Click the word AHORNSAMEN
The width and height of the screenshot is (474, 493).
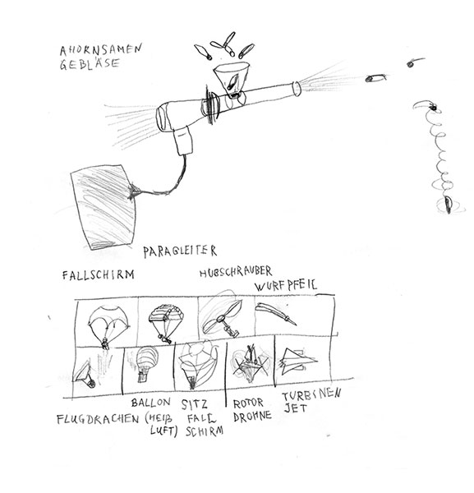101,50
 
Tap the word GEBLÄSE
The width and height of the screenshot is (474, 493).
90,64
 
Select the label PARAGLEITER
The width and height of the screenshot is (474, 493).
180,251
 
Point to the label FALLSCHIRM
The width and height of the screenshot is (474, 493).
98,275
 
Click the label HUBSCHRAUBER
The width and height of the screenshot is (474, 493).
236,272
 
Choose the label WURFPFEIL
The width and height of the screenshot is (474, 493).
286,285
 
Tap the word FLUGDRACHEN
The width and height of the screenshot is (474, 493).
98,419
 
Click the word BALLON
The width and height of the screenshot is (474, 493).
151,403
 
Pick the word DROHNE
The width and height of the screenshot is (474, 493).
252,417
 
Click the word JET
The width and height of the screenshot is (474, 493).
296,408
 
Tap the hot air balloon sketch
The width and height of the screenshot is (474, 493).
147,364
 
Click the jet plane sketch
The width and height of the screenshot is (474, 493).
298,362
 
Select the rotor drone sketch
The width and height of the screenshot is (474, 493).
251,364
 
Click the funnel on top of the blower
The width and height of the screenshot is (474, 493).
232,78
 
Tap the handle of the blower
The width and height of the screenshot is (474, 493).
182,141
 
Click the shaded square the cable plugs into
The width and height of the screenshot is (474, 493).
104,206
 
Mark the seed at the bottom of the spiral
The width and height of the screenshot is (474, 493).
449,205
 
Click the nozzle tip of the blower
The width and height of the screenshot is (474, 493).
297,89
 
